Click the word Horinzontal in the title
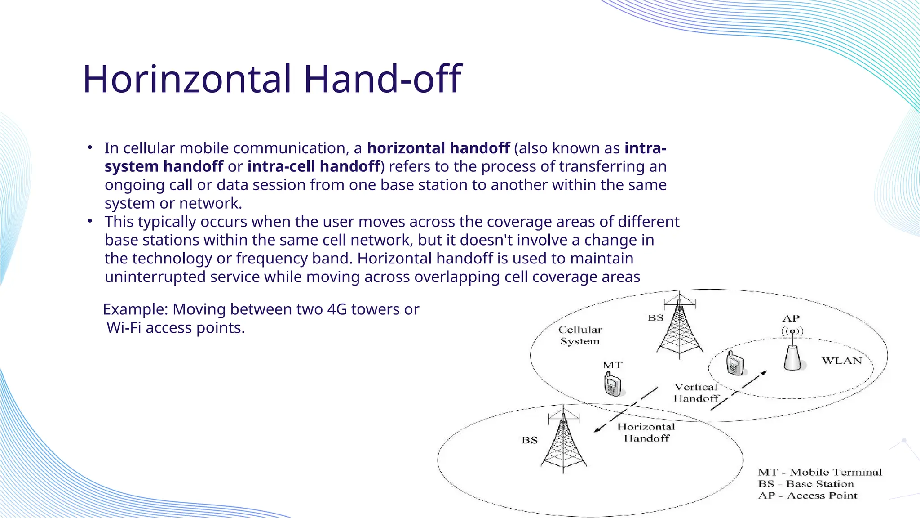187,80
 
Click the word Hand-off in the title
382,80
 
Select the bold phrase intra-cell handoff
314,167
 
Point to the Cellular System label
580,335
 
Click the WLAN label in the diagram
842,361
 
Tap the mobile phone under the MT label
612,385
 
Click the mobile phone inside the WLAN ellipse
734,363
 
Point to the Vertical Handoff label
696,393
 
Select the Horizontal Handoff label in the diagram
646,432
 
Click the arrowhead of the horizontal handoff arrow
597,430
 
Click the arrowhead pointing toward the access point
763,373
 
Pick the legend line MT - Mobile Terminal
820,472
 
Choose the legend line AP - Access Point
808,496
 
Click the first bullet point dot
90,147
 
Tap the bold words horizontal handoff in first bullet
438,148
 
